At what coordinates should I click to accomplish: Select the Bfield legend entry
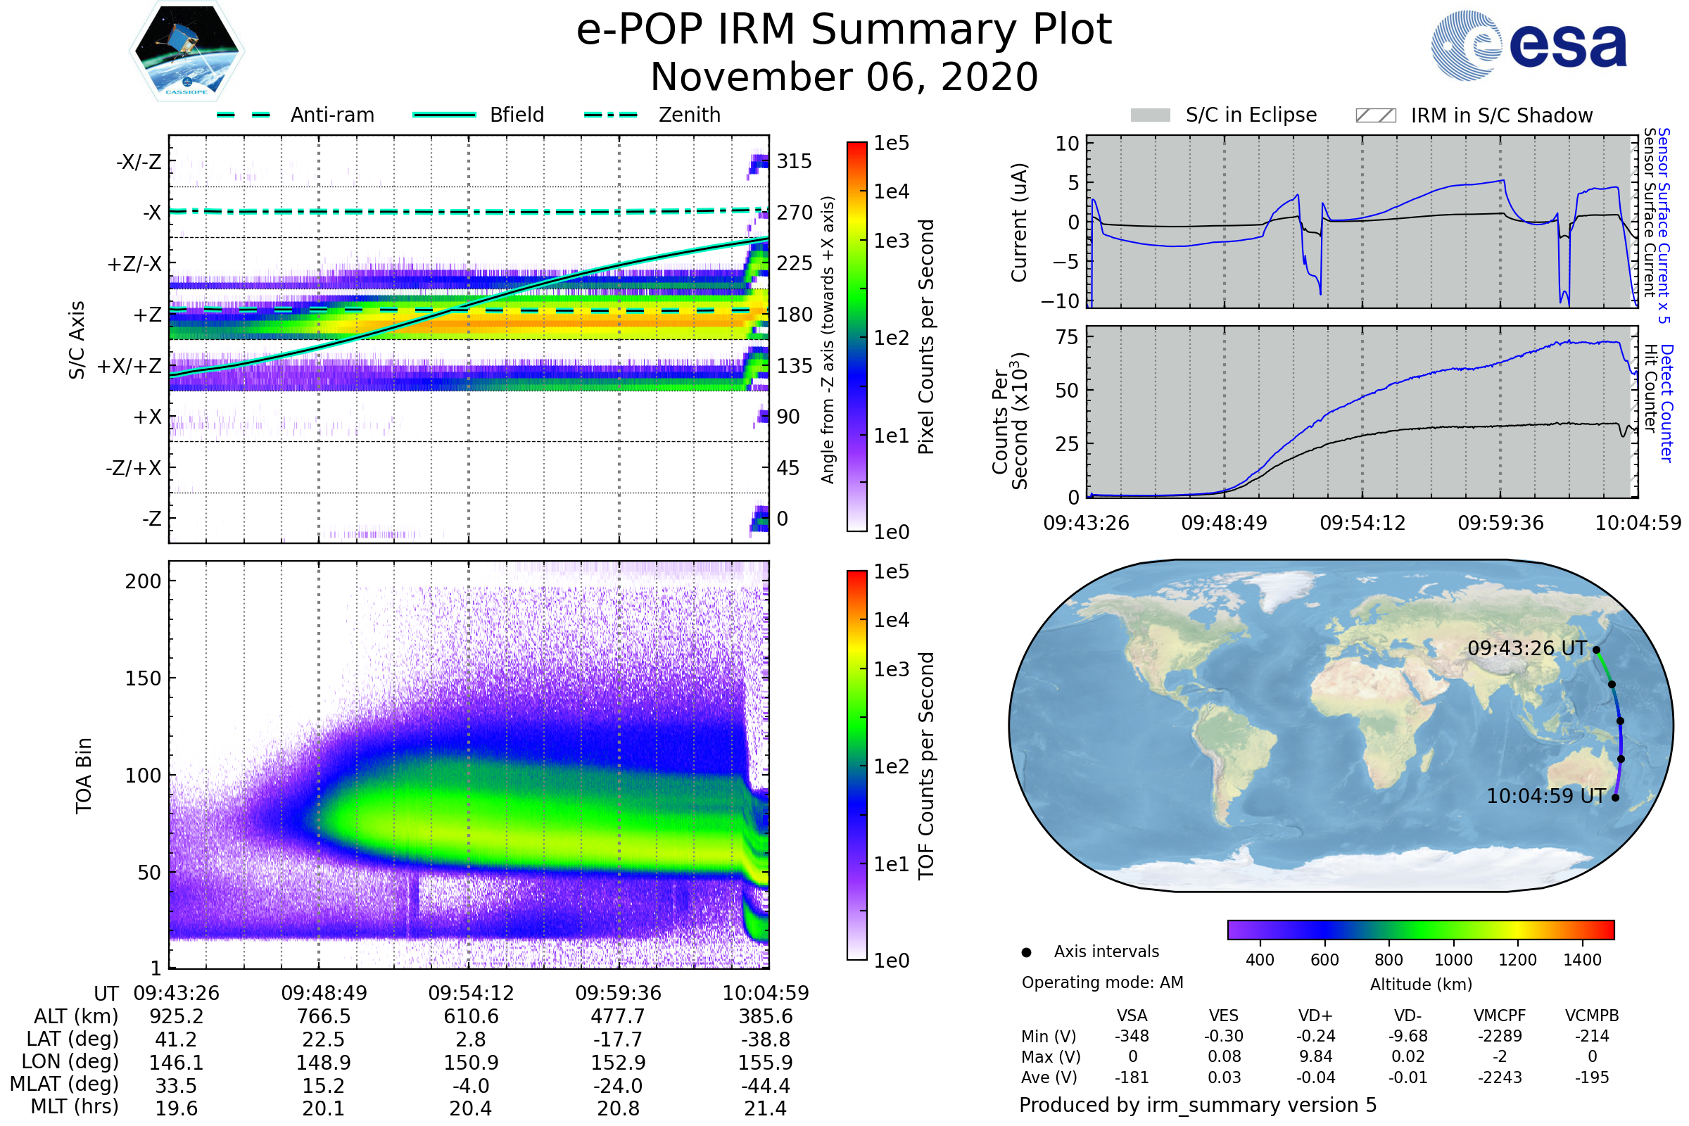(x=517, y=115)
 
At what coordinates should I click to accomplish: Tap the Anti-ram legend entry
(x=331, y=115)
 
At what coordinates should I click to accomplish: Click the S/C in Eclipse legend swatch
(x=1150, y=115)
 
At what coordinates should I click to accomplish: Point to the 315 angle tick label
(x=794, y=161)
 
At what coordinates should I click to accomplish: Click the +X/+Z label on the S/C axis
(x=129, y=366)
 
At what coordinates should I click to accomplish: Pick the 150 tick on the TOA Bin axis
(x=143, y=678)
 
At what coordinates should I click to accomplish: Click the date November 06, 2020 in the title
(x=844, y=77)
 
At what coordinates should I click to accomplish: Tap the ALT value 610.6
(x=470, y=1016)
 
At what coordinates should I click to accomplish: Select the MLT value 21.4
(x=765, y=1108)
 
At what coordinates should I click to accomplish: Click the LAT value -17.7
(x=618, y=1039)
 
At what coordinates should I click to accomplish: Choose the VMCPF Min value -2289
(x=1500, y=1036)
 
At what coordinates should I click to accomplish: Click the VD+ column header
(x=1315, y=1016)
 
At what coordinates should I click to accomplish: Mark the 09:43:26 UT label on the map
(x=1526, y=648)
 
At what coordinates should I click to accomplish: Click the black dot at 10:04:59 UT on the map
(x=1615, y=797)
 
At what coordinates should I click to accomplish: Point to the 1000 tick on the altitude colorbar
(x=1453, y=960)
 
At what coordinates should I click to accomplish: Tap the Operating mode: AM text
(x=1102, y=982)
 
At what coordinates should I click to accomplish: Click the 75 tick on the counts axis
(x=1068, y=337)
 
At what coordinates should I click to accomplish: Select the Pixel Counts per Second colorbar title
(x=926, y=336)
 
